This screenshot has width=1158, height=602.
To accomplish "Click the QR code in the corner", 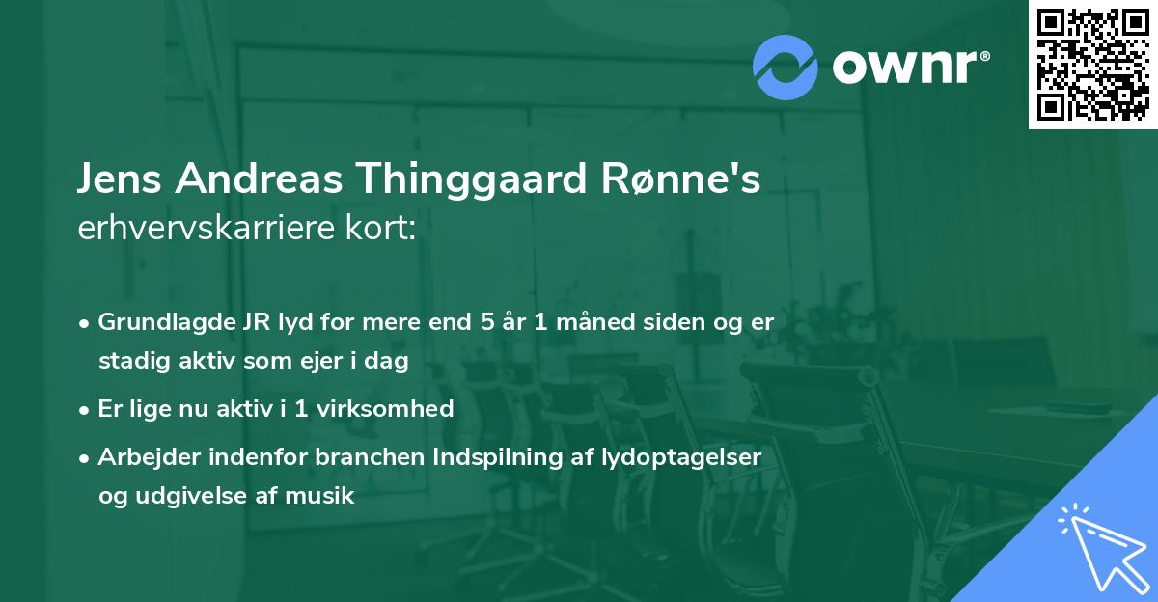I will pyautogui.click(x=1092, y=64).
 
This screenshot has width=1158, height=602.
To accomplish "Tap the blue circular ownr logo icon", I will pyautogui.click(x=786, y=67).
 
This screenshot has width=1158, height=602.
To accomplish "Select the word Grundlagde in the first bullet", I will pyautogui.click(x=158, y=322).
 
